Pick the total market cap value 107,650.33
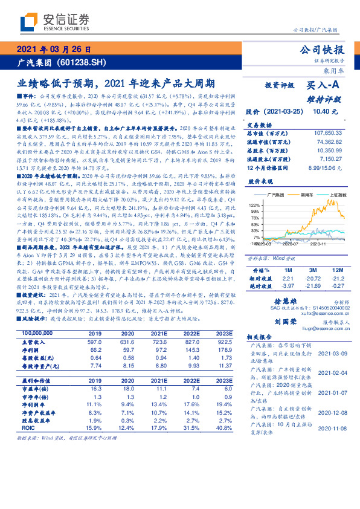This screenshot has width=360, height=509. click(x=325, y=132)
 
